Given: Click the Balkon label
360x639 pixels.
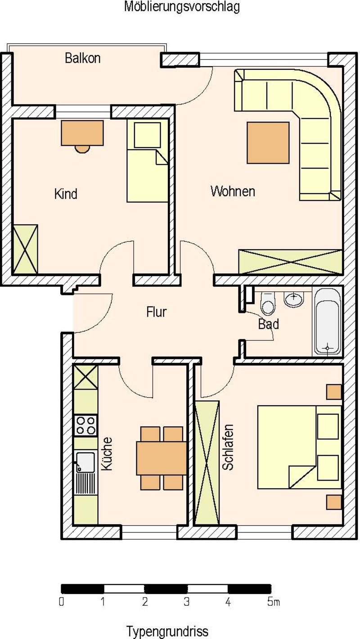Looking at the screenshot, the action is (x=82, y=58).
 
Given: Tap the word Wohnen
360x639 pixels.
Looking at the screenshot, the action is (x=233, y=191).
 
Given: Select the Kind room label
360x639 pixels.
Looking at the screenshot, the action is (x=66, y=194).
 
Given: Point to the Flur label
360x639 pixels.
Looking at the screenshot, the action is (x=156, y=312).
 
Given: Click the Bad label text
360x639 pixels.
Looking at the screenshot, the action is (x=268, y=324).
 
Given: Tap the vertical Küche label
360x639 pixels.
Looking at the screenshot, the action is (x=107, y=454).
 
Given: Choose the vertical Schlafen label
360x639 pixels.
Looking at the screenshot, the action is (x=228, y=447).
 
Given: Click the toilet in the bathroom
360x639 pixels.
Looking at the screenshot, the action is (x=268, y=303).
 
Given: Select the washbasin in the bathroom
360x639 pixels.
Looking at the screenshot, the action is (x=293, y=299).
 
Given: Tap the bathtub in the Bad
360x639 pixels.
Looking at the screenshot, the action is (x=328, y=321).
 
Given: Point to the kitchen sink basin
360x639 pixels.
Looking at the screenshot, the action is (x=85, y=461).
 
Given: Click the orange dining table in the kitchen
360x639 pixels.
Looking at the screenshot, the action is (x=162, y=458).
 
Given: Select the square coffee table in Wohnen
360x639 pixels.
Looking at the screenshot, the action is (x=268, y=143).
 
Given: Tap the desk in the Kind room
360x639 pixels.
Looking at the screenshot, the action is (x=82, y=133).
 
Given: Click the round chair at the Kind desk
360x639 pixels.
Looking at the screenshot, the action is (x=82, y=149).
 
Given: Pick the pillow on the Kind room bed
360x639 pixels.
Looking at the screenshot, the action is (x=147, y=135).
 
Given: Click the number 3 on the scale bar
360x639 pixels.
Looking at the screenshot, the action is (x=186, y=602).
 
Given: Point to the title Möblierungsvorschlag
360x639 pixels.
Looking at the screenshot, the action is (x=182, y=7).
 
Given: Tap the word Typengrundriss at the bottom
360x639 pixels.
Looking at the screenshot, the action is (x=167, y=631).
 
